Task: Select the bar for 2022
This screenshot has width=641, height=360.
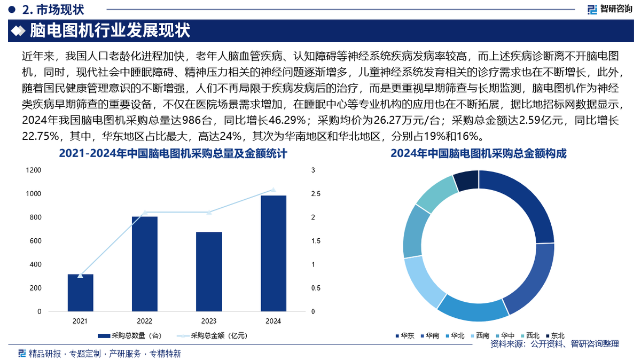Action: (x=145, y=264)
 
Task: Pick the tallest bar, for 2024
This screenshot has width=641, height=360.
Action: (x=273, y=253)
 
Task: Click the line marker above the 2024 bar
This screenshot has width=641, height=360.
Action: (x=273, y=190)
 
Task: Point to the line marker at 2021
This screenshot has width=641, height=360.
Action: (x=80, y=276)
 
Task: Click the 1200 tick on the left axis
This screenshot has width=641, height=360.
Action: (x=34, y=170)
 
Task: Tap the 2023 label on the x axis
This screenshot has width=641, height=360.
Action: (x=209, y=321)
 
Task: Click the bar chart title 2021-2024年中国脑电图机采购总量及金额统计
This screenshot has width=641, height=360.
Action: (x=173, y=154)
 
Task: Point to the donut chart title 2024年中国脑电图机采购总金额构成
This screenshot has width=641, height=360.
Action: (x=479, y=154)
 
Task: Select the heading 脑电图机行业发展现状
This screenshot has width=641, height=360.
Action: (x=110, y=30)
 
